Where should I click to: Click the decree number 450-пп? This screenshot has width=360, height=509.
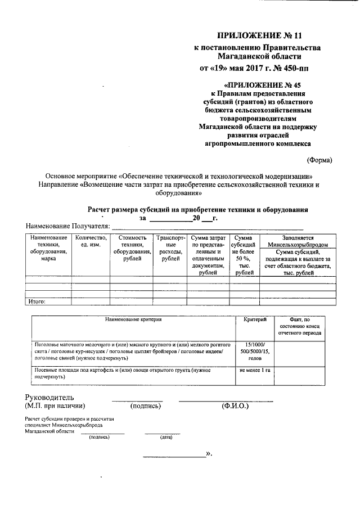click(x=292, y=69)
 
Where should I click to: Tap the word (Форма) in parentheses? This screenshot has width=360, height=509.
click(x=319, y=159)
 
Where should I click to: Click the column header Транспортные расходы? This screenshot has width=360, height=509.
click(x=168, y=249)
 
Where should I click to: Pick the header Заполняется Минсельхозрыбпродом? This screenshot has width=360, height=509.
click(x=298, y=241)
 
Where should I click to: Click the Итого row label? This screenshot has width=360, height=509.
click(x=37, y=301)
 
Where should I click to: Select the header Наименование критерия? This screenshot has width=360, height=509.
click(x=133, y=319)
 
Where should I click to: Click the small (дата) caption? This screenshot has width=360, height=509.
click(x=165, y=437)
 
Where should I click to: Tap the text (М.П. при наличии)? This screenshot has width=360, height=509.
click(x=55, y=406)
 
